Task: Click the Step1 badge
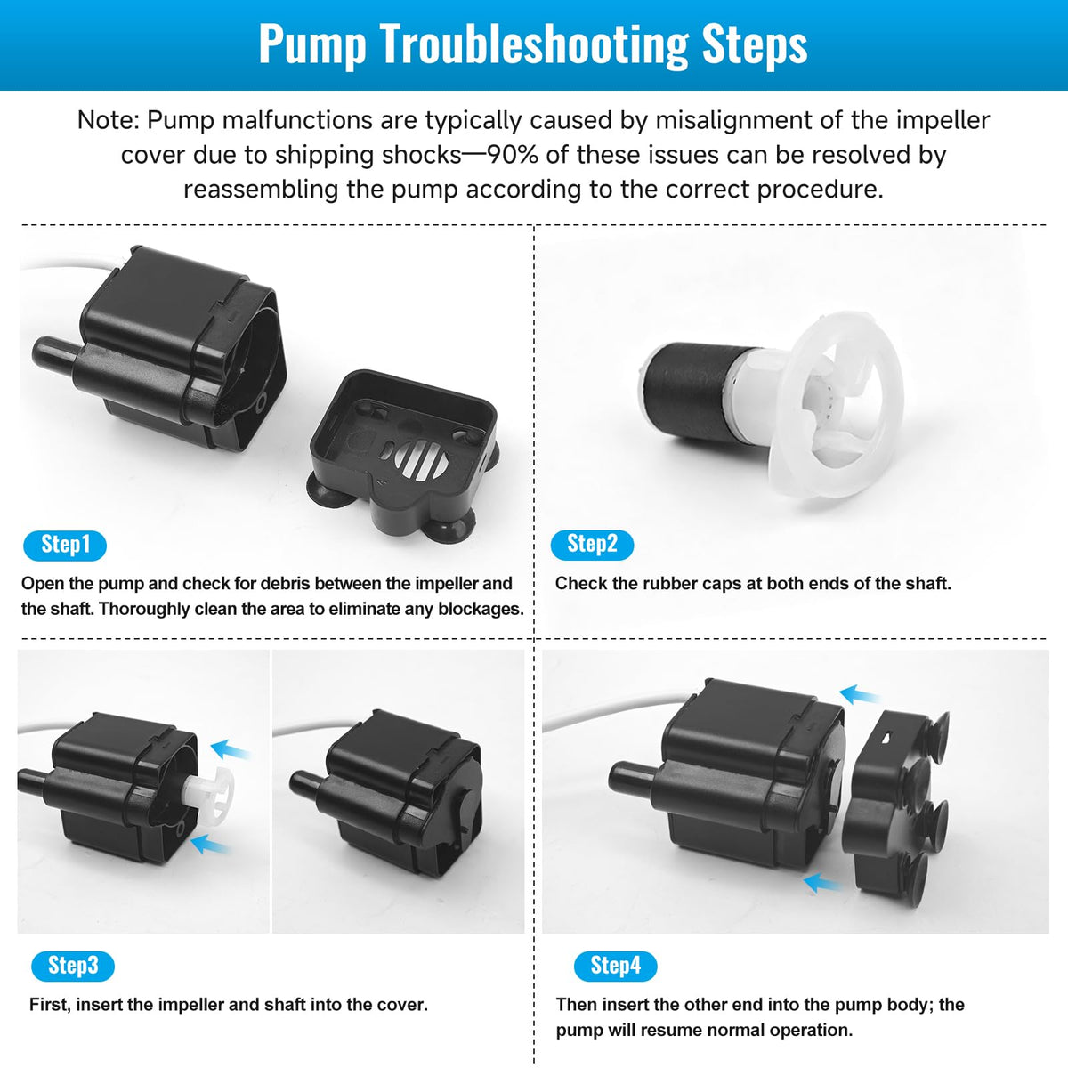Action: [x=65, y=546]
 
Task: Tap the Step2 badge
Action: [x=592, y=545]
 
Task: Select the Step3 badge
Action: [x=73, y=966]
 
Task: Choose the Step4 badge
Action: [x=615, y=966]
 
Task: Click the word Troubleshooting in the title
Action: [x=534, y=44]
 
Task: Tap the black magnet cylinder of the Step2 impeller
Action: [x=696, y=391]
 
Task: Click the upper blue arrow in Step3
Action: [x=231, y=750]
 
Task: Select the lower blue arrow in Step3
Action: [x=209, y=845]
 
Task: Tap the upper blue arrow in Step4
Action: [x=859, y=694]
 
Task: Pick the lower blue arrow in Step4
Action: [x=822, y=882]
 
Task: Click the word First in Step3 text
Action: [x=51, y=1004]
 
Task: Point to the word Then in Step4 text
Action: [x=577, y=1004]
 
